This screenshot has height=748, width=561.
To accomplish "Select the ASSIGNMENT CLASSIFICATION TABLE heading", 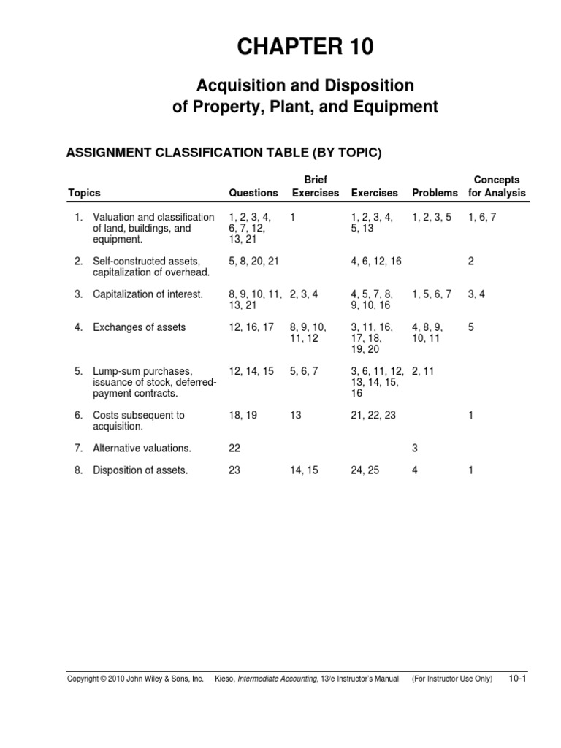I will [x=224, y=153].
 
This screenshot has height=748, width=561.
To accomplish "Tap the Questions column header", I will [x=253, y=194].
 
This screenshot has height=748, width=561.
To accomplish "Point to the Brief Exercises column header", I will [x=316, y=186].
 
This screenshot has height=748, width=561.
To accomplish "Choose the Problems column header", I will [x=435, y=194].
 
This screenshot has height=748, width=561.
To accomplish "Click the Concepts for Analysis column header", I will [x=497, y=186].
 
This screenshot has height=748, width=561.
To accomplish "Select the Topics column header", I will [x=84, y=194].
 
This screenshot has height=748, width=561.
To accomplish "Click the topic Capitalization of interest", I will [x=148, y=294].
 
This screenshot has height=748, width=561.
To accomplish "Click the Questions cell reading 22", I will [x=234, y=448].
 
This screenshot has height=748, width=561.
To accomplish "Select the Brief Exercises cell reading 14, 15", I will [x=304, y=470].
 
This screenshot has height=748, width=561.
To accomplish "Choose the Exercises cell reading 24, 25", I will [x=365, y=470].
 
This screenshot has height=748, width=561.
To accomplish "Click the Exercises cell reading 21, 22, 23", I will [x=374, y=415].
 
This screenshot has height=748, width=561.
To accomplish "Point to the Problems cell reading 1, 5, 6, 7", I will [x=432, y=294].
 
